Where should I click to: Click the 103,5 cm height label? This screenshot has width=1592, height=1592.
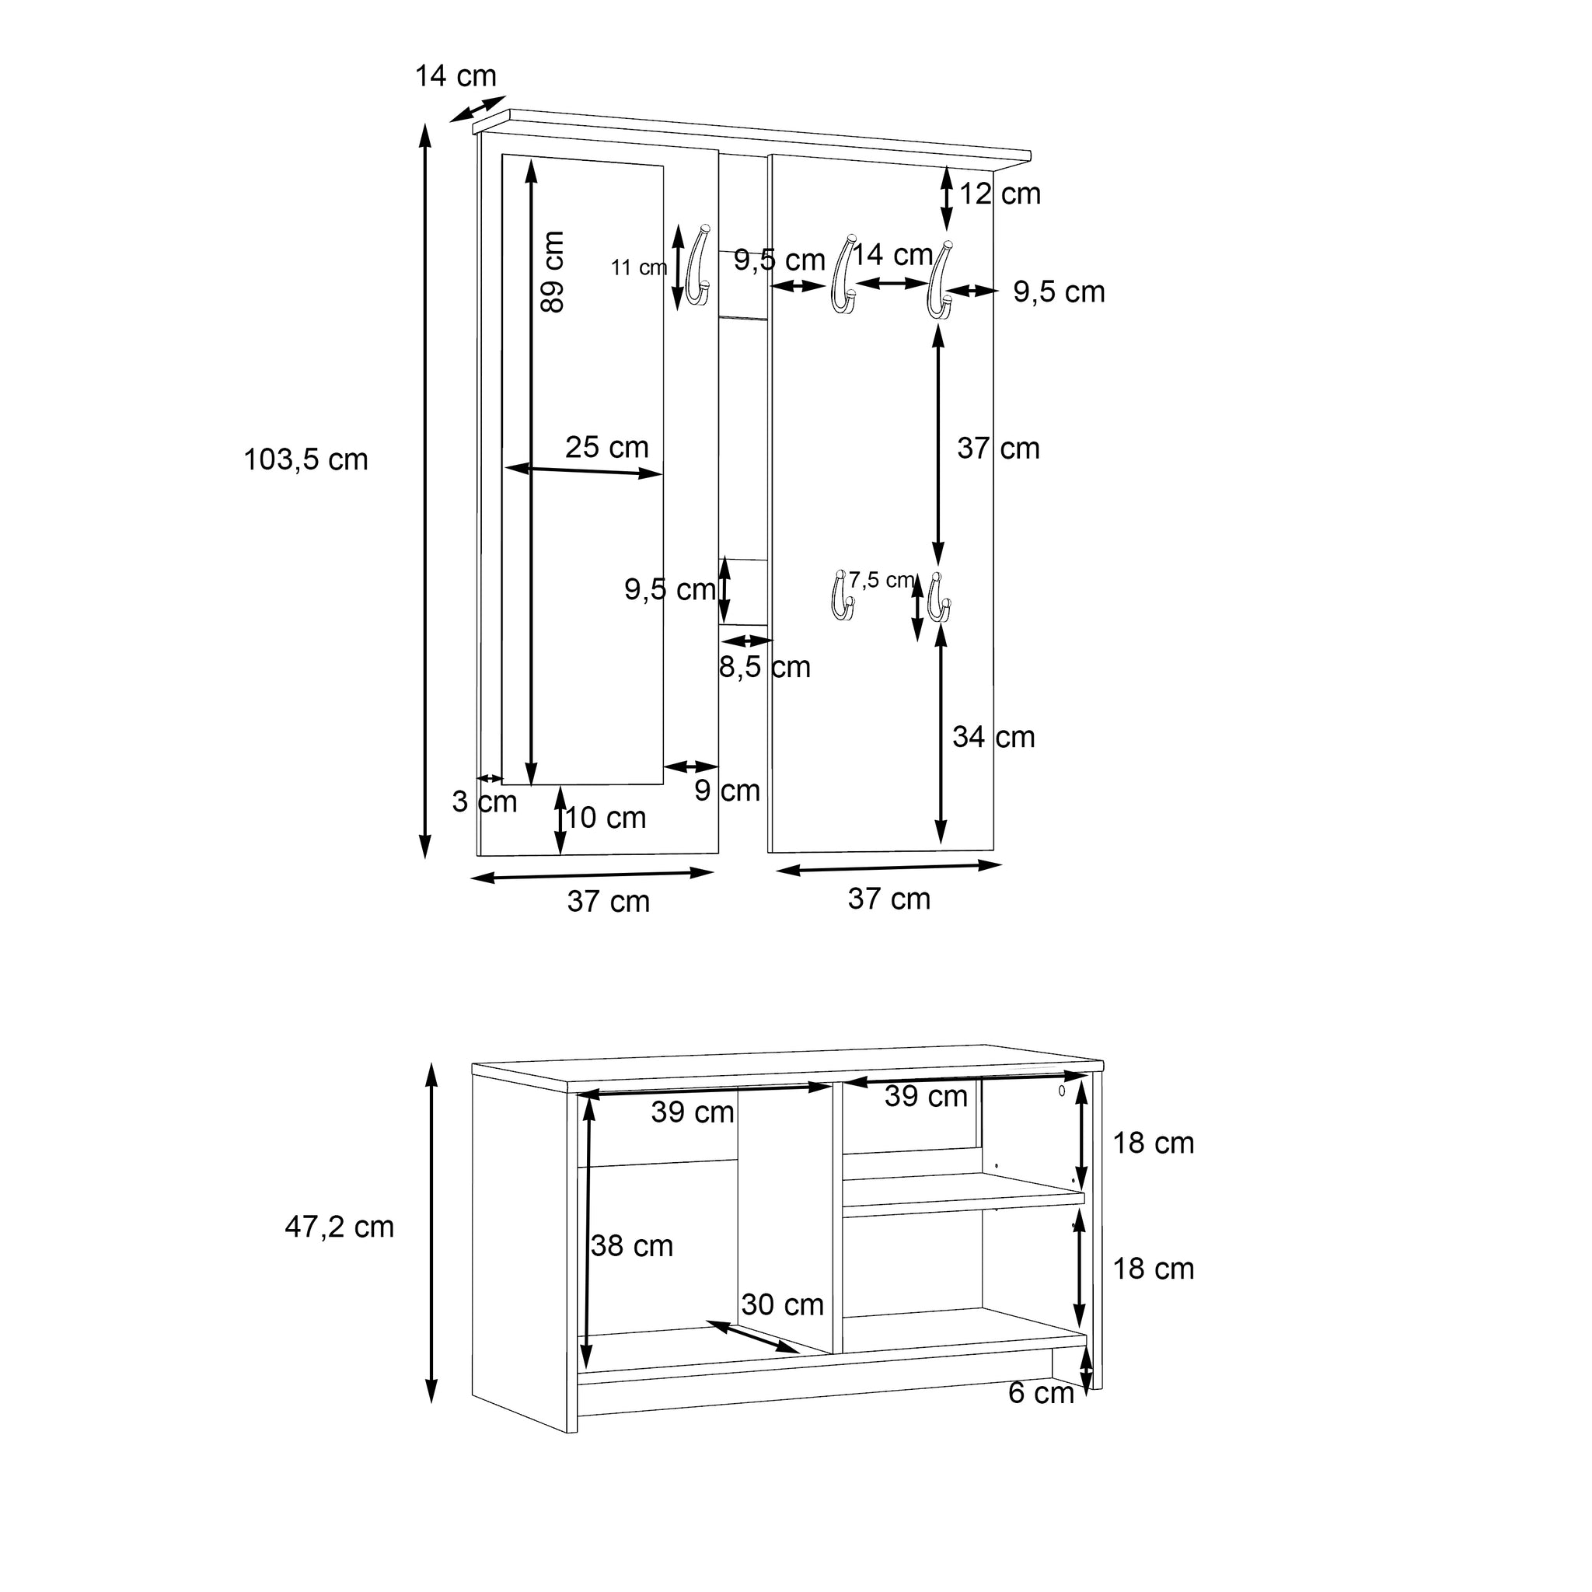(305, 460)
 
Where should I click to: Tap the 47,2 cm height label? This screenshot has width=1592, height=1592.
(340, 1227)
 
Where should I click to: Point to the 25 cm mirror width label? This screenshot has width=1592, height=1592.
(607, 447)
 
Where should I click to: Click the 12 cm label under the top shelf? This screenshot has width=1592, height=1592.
(1000, 194)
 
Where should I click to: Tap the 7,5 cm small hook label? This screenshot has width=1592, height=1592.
(882, 580)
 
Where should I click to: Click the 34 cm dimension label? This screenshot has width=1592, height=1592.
(993, 737)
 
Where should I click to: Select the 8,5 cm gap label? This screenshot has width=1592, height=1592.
(765, 667)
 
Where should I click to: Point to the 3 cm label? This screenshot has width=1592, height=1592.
(484, 801)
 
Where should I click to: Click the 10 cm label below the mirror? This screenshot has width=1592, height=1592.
(606, 818)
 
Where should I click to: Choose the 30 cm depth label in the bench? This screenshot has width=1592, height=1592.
(783, 1304)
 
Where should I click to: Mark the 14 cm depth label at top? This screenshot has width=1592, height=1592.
(456, 76)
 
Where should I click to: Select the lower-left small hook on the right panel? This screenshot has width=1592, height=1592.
(840, 595)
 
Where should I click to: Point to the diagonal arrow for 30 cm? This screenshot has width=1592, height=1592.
(752, 1336)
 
